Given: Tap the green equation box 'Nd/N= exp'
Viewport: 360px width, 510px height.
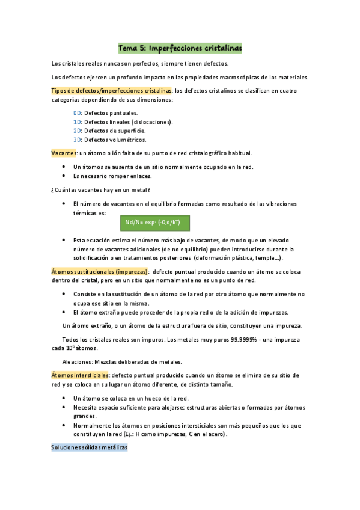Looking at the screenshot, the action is point(155,223).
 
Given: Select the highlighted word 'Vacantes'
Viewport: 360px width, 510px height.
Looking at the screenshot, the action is point(64,153).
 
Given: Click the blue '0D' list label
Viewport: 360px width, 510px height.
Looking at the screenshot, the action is point(77,112).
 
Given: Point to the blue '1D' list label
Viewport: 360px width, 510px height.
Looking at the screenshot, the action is point(77,121).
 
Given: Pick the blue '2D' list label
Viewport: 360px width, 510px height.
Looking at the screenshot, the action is point(77,131).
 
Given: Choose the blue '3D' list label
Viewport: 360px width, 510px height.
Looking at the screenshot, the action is point(77,140).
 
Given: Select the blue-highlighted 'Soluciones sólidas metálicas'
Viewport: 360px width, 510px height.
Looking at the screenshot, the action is point(90,448).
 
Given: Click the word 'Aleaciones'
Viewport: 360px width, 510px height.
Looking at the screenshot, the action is point(79,362).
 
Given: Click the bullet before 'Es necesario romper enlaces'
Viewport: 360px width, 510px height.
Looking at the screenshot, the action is point(64,176).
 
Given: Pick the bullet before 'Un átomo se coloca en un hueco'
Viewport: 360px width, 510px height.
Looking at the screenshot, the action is point(64,398).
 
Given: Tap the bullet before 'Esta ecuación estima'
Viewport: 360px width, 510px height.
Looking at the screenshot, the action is point(64,240).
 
